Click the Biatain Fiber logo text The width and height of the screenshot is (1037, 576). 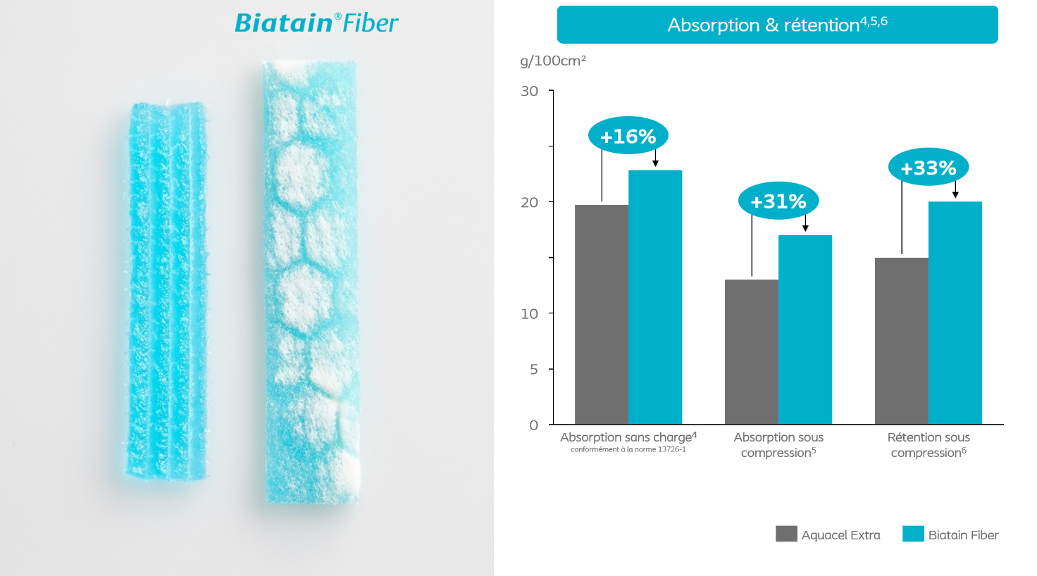pyautogui.click(x=316, y=23)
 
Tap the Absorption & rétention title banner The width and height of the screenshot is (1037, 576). pyautogui.click(x=777, y=25)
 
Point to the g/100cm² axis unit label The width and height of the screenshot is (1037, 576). pyautogui.click(x=553, y=61)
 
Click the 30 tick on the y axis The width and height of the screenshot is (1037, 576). pyautogui.click(x=530, y=91)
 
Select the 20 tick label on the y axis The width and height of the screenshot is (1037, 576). pyautogui.click(x=530, y=202)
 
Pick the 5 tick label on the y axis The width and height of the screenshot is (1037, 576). pyautogui.click(x=534, y=369)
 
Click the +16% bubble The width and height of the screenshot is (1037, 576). pyautogui.click(x=628, y=136)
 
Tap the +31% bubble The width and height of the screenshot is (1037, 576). pyautogui.click(x=778, y=201)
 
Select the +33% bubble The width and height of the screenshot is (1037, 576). pyautogui.click(x=929, y=167)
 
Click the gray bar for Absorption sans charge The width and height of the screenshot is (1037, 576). pyautogui.click(x=602, y=315)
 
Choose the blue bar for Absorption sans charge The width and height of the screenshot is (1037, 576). pyautogui.click(x=655, y=297)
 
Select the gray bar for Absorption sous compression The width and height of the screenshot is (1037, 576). pyautogui.click(x=752, y=351)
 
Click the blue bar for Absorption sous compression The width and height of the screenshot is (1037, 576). pyautogui.click(x=805, y=330)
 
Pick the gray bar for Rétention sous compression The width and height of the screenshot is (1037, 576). pyautogui.click(x=901, y=341)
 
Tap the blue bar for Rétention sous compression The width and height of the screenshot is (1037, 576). pyautogui.click(x=955, y=313)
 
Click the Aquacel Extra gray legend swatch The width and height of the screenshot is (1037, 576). pyautogui.click(x=786, y=534)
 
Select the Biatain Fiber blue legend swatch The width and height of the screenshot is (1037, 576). pyautogui.click(x=913, y=534)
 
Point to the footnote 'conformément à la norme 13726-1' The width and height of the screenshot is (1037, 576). pyautogui.click(x=628, y=449)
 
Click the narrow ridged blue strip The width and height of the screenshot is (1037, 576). pyautogui.click(x=167, y=292)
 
